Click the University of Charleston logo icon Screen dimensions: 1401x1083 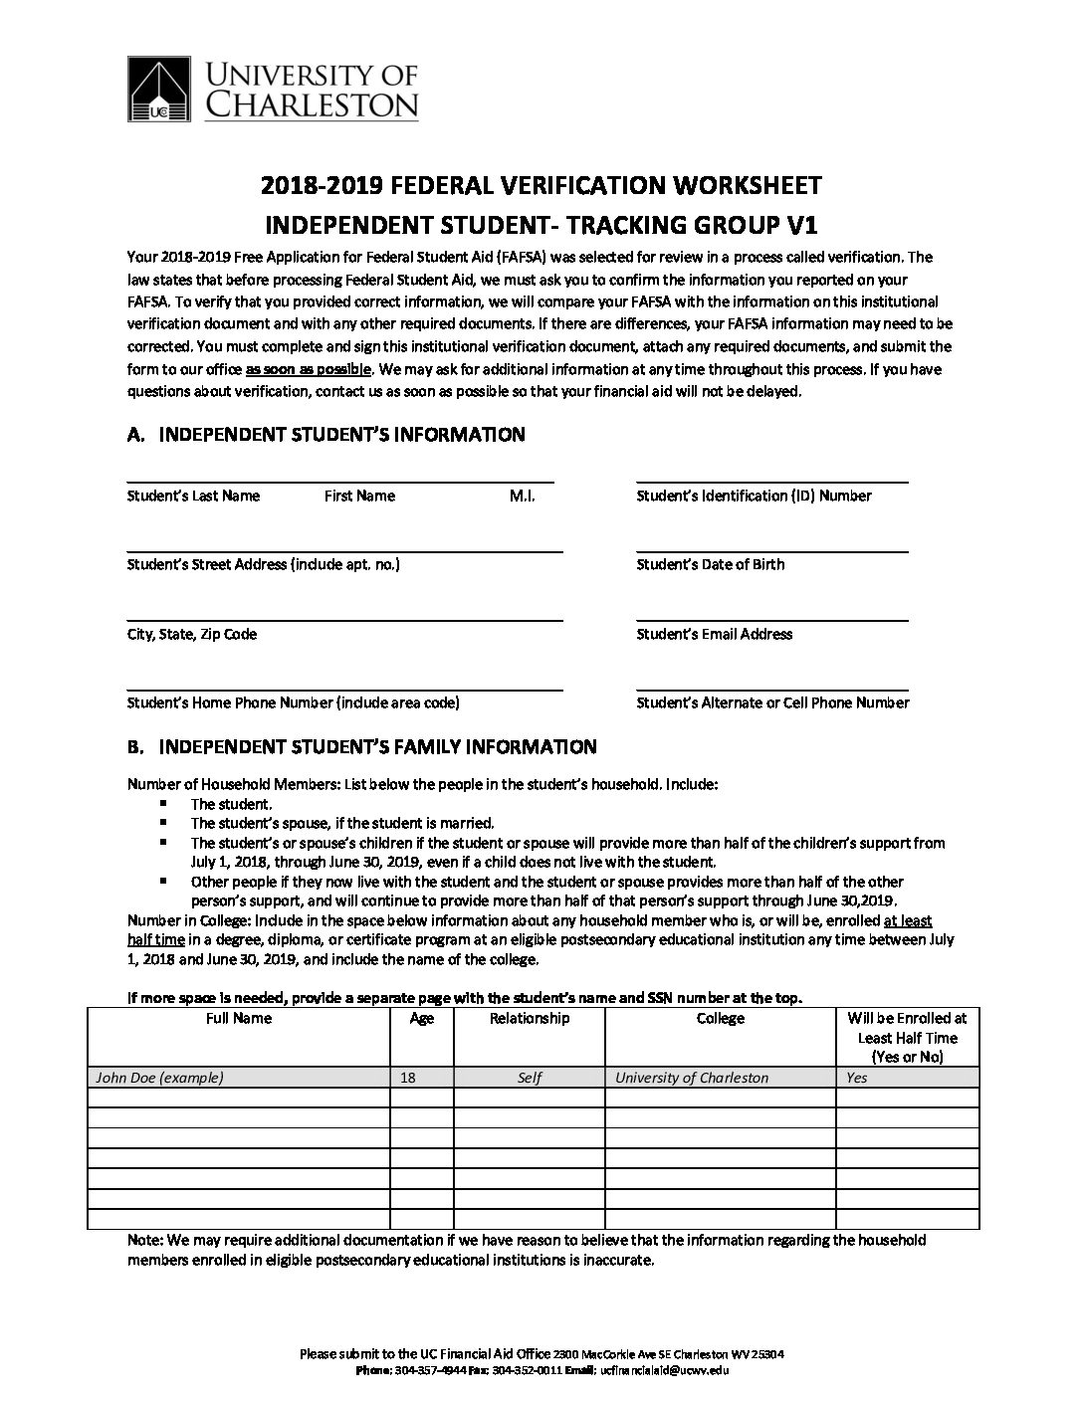tap(162, 89)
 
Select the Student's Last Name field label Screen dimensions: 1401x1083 tap(193, 496)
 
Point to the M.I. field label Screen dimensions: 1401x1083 tap(522, 496)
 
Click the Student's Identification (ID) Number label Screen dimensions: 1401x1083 tap(754, 496)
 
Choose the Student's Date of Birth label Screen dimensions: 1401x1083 tap(710, 564)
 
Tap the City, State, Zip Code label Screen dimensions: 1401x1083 tap(192, 634)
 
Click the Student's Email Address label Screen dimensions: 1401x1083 tap(714, 634)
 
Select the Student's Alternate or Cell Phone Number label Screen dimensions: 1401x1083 tap(772, 702)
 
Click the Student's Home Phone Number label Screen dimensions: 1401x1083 tap(293, 702)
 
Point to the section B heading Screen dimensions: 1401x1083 tap(362, 746)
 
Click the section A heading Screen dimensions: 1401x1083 tap(325, 434)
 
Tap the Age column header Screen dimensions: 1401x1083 tap(421, 1019)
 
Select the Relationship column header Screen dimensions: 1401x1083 tap(530, 1019)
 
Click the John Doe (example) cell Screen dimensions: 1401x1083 tap(159, 1078)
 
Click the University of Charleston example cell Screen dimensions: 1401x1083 tap(692, 1078)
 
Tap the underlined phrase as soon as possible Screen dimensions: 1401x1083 tap(309, 369)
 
